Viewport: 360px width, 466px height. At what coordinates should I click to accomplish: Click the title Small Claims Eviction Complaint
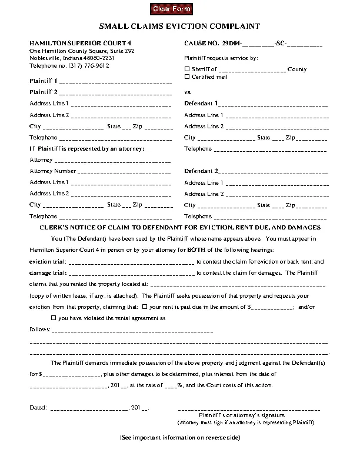(179, 27)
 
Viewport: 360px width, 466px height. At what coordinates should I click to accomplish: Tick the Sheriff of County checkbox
(187, 69)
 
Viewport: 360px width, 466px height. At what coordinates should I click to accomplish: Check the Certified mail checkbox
(187, 77)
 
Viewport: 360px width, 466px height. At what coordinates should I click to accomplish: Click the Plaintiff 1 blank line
(115, 81)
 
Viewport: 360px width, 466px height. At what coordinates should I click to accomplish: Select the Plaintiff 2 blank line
(115, 93)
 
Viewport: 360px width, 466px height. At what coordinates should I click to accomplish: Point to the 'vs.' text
(188, 92)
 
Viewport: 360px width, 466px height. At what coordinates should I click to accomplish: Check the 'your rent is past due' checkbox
(144, 307)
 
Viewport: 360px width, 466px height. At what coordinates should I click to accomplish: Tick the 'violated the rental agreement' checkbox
(54, 318)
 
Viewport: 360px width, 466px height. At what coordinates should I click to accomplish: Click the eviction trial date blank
(132, 262)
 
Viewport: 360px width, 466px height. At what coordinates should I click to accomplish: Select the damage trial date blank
(132, 274)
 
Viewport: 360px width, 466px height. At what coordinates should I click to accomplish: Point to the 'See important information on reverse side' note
(179, 438)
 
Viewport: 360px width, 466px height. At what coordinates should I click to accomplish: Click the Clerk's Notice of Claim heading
(179, 227)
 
